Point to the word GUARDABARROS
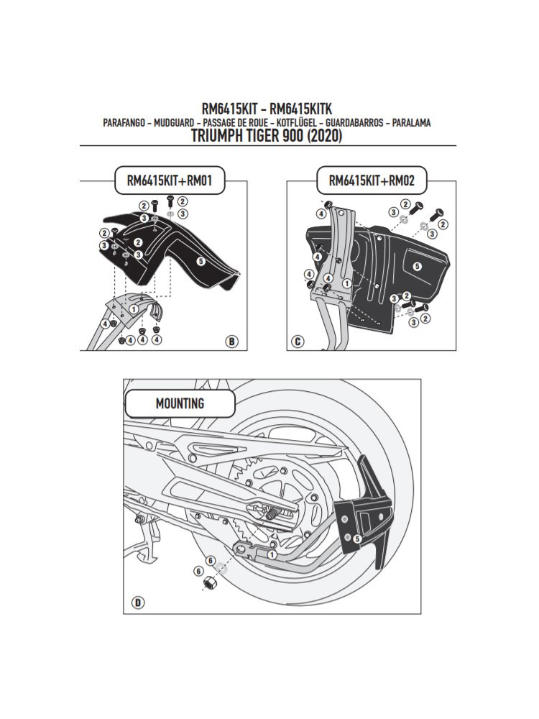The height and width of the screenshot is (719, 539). [x=353, y=123]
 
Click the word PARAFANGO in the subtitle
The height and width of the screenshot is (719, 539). [x=126, y=123]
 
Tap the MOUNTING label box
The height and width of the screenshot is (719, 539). [x=180, y=404]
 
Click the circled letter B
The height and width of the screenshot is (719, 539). [x=231, y=341]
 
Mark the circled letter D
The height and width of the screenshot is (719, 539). [x=136, y=603]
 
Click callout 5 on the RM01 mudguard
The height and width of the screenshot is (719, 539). [x=201, y=262]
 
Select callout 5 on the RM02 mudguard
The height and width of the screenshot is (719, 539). [x=416, y=267]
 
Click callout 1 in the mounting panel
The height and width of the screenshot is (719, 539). [x=272, y=554]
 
